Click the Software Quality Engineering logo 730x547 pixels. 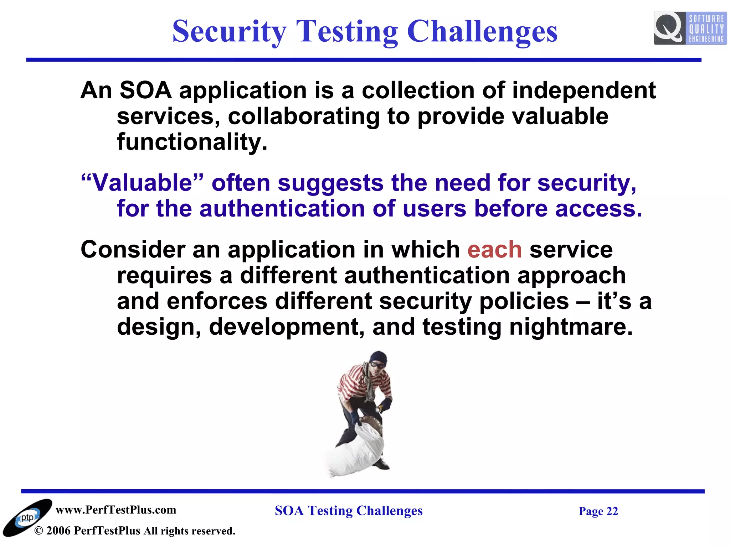(x=690, y=28)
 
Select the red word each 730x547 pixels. (x=494, y=250)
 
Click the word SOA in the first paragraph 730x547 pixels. (x=145, y=90)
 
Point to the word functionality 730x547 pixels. (x=192, y=142)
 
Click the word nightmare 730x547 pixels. (x=571, y=327)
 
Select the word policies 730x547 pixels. (x=524, y=301)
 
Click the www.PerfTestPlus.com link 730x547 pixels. (x=116, y=510)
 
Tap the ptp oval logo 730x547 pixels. (x=27, y=518)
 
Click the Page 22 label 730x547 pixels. (x=598, y=511)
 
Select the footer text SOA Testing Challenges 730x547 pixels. (x=348, y=511)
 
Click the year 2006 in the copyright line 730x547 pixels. (x=58, y=531)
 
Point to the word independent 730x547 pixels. (x=584, y=90)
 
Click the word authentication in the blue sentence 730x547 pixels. (x=282, y=209)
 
